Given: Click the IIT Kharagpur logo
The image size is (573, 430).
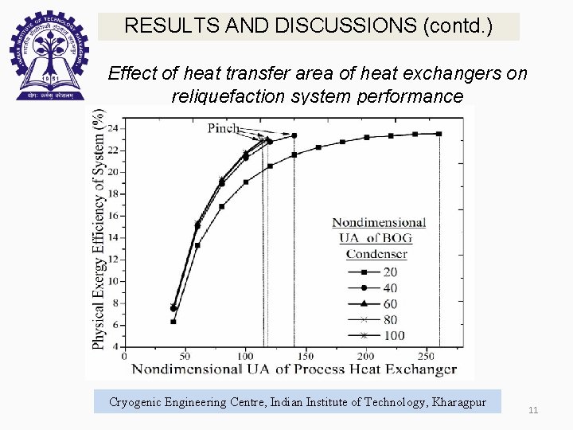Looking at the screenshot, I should tap(46, 56).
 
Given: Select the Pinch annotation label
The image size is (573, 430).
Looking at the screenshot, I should tap(224, 127).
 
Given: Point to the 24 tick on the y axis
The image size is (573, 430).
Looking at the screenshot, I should tap(112, 128).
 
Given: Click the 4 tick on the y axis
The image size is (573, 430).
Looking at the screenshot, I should tap(116, 346).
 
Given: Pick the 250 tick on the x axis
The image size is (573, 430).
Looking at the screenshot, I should tap(426, 356).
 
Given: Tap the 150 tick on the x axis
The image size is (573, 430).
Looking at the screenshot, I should tap(305, 356).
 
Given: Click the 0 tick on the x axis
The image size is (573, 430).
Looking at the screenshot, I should tap(124, 356).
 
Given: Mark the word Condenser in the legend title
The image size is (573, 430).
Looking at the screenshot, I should tap(376, 255).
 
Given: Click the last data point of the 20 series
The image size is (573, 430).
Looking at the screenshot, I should tap(439, 134).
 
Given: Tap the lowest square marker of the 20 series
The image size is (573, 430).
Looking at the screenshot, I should tap(173, 322).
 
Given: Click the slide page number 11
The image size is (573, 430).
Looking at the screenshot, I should tap(533, 410).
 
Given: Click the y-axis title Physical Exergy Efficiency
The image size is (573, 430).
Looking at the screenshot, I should tap(99, 231).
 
